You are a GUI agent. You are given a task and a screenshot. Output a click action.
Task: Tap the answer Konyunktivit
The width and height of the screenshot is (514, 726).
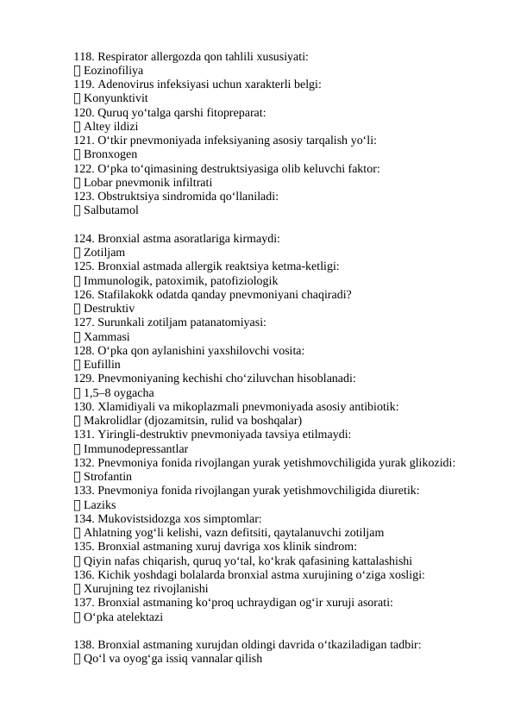[x=118, y=98]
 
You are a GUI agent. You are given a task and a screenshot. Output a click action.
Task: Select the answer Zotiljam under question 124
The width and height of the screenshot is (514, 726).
[x=104, y=252]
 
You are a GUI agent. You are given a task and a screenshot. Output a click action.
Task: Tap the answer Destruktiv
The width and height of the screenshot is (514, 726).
[x=109, y=308]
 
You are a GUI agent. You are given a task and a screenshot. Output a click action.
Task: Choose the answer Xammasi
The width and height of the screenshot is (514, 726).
[x=107, y=336]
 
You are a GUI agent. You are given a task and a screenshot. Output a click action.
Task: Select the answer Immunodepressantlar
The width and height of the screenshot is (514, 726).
[x=136, y=448]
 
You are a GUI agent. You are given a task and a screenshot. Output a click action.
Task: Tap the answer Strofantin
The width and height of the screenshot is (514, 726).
[x=108, y=476]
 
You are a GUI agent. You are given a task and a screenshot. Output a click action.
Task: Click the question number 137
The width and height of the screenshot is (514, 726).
[x=85, y=603]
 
